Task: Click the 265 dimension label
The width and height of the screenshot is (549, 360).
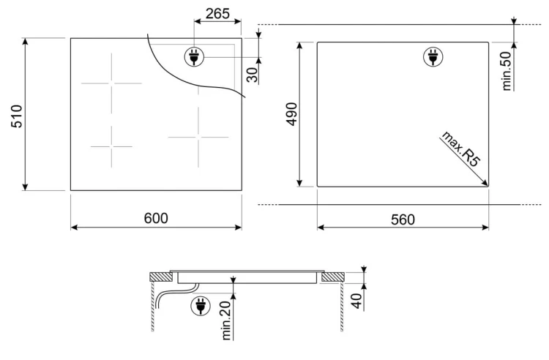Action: (x=217, y=13)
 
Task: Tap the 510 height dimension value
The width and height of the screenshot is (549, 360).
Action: (x=16, y=116)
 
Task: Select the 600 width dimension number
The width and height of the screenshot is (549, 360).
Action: (x=156, y=218)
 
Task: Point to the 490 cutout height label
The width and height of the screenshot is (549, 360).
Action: (x=291, y=113)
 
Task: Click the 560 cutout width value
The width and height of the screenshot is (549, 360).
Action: (x=403, y=220)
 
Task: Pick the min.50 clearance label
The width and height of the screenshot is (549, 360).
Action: (x=507, y=71)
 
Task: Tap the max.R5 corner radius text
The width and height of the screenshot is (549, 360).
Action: (x=460, y=149)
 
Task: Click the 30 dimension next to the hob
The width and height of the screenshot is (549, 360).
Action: (x=252, y=75)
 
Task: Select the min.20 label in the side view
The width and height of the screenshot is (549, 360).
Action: (x=226, y=320)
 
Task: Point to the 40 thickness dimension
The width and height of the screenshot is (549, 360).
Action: (x=356, y=301)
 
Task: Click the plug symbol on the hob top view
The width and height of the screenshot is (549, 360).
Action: (x=194, y=56)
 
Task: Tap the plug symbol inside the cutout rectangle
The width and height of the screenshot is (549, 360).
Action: (x=433, y=56)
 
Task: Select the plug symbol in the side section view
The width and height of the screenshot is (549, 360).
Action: (x=201, y=306)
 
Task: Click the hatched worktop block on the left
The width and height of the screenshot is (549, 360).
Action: (x=161, y=277)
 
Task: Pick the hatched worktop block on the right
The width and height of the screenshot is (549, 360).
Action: (x=332, y=277)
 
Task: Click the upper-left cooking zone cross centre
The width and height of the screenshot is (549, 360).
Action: (x=112, y=83)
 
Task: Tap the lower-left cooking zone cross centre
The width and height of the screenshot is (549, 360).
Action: (x=112, y=146)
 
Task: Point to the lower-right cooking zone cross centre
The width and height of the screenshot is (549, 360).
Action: (x=198, y=137)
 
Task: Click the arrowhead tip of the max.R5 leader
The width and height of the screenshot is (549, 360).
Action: (x=488, y=185)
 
